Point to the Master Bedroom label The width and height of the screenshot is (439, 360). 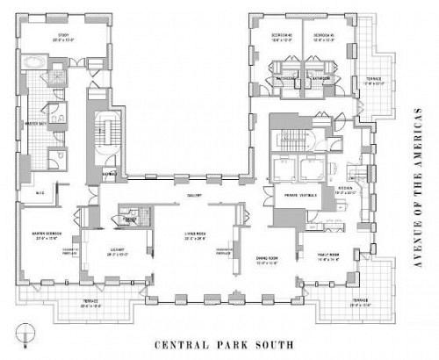tap(46, 234)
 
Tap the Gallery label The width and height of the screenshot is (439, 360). tap(195, 195)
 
